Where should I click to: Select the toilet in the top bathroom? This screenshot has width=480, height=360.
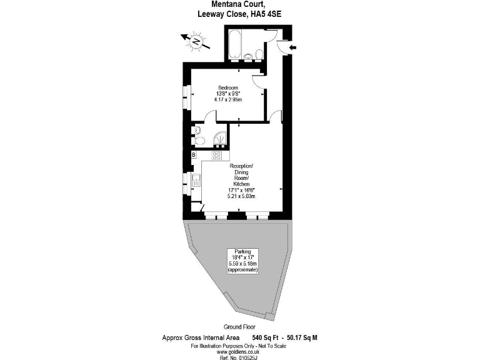click(x=258, y=56)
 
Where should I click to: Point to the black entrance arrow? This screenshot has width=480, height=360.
click(x=295, y=46)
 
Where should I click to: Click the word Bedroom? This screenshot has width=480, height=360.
click(x=227, y=87)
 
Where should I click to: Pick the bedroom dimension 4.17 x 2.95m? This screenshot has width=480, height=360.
click(x=227, y=100)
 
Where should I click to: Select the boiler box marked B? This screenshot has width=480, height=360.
click(x=194, y=155)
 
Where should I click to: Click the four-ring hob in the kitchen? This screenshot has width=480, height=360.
click(x=217, y=155)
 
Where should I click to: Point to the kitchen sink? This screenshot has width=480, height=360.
click(x=196, y=181)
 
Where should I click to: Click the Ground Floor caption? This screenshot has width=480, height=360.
click(x=239, y=327)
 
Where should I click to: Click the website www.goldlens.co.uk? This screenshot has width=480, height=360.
click(x=239, y=351)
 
